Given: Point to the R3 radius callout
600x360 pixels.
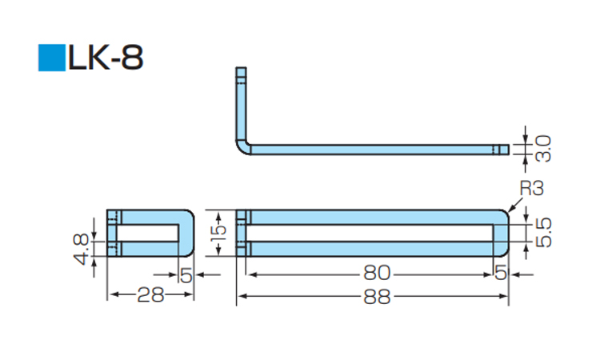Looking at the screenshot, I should [530, 189].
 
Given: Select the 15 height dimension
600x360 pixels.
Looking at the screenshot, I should [220, 232].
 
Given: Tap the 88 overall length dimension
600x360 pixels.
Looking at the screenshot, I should [373, 298].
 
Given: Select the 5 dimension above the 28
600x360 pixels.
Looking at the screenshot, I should [186, 274].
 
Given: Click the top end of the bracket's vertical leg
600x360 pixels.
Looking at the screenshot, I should [239, 70].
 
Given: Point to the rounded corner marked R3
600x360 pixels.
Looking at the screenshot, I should [504, 214].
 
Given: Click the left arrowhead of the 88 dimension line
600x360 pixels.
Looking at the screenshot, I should [240, 298].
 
